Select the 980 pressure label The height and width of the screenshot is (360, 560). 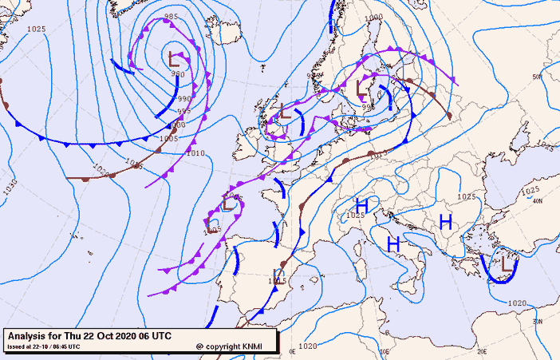[177, 74]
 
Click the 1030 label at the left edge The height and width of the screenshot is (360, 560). [10, 185]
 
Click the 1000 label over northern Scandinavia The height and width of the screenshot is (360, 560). [373, 17]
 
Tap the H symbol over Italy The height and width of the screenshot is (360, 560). [392, 243]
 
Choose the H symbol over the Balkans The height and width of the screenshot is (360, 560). [445, 220]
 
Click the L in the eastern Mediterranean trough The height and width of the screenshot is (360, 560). [506, 260]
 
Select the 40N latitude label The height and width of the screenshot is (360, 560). [538, 200]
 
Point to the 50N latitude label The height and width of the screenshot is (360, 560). [537, 77]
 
